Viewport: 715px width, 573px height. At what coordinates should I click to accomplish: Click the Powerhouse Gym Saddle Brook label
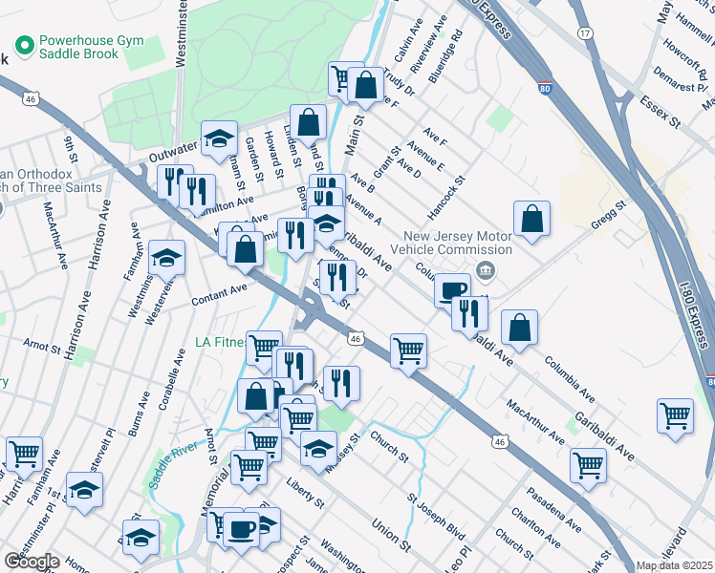pos(78,48)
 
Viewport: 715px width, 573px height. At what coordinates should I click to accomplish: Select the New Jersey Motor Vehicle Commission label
pos(445,244)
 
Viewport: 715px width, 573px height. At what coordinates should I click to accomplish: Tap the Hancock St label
pos(444,194)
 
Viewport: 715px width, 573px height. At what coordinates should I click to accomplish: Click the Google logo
pos(32,562)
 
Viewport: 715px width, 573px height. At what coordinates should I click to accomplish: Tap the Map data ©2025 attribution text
pos(674,565)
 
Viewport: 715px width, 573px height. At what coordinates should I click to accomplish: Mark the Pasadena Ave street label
pos(553,510)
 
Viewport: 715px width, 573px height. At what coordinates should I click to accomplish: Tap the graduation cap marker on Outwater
pos(219,138)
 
